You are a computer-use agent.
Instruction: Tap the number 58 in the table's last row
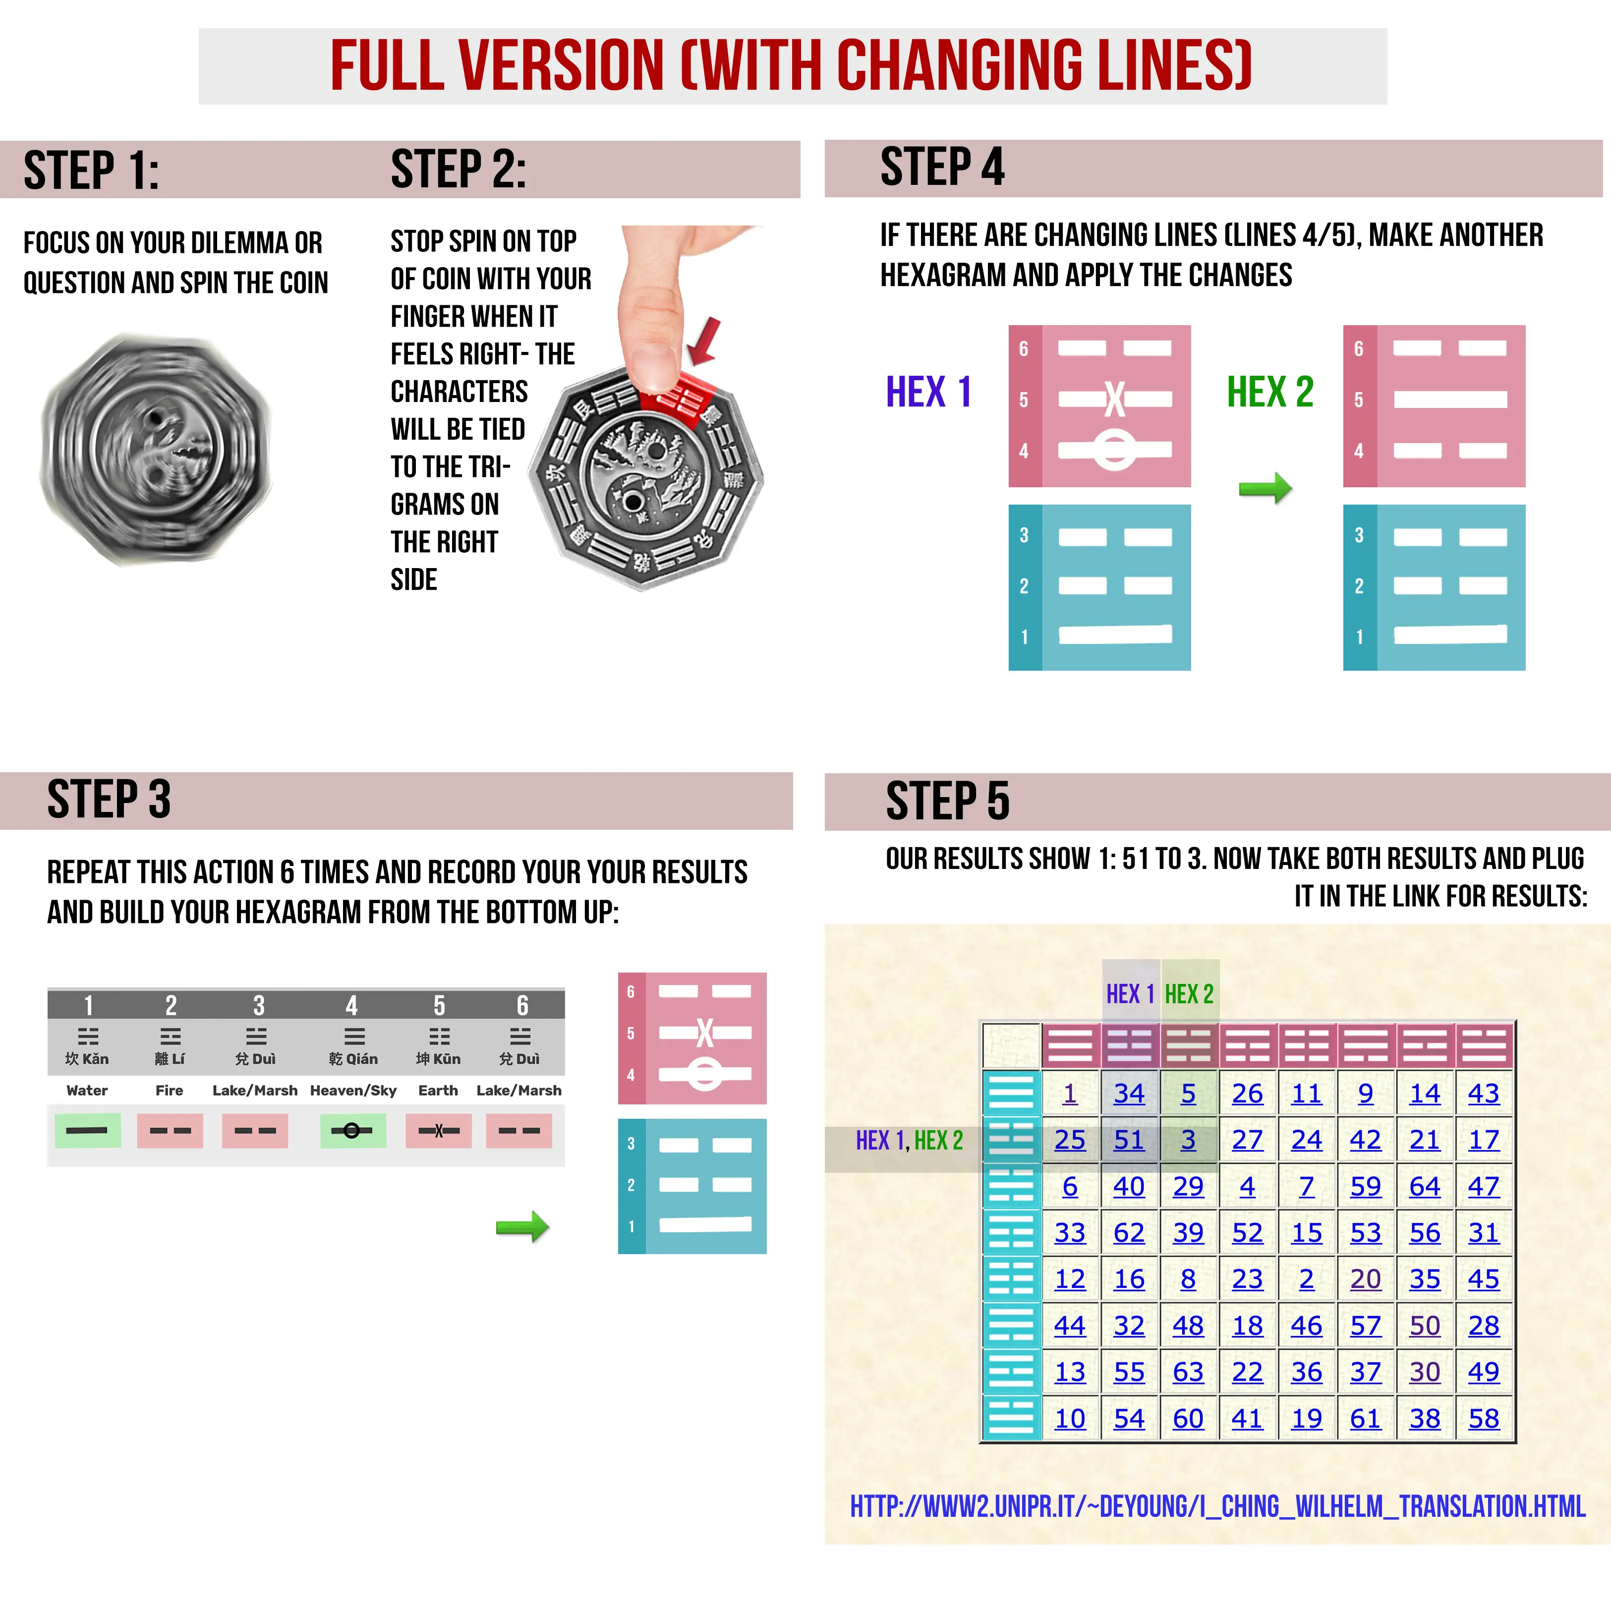(1484, 1418)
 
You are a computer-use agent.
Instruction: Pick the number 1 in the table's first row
(1070, 1093)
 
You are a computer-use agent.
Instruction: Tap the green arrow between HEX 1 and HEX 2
(1265, 488)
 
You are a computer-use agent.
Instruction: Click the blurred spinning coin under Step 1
(156, 449)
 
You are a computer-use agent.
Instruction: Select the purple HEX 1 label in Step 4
(928, 392)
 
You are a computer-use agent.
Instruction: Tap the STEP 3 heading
(109, 799)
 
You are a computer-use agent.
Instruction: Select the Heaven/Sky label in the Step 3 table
(353, 1091)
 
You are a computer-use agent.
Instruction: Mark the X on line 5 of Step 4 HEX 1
(1115, 400)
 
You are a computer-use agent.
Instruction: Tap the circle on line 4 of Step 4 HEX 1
(1115, 450)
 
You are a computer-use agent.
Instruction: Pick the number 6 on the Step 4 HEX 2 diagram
(1358, 348)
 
